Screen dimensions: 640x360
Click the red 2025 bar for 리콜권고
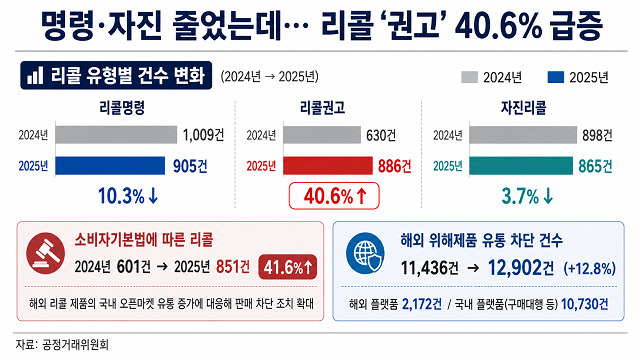[328, 166]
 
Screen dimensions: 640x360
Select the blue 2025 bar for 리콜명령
[110, 166]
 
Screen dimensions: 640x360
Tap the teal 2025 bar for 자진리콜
[521, 166]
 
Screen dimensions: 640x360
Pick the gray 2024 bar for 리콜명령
[116, 135]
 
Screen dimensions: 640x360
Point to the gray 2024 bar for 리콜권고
[322, 135]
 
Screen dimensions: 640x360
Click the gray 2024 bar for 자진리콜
[523, 135]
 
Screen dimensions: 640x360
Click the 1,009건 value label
[203, 135]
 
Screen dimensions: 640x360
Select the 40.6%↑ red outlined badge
[334, 196]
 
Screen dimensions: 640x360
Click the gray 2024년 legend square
[469, 77]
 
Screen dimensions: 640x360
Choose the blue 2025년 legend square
[556, 77]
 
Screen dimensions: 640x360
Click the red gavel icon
[45, 253]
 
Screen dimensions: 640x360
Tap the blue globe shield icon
[365, 253]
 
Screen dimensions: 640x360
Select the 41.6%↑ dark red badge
[287, 267]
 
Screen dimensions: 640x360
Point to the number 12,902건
[521, 268]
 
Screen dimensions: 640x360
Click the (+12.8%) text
[589, 268]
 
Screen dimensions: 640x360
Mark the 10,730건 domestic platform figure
[584, 304]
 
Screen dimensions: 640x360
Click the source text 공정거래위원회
[76, 345]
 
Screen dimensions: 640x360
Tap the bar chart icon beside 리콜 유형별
[35, 76]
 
